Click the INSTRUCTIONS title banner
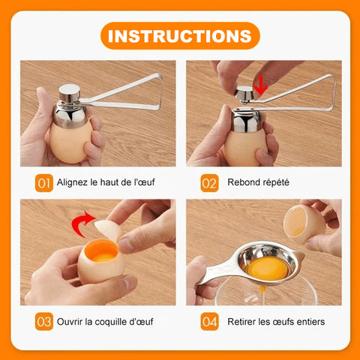click(x=180, y=36)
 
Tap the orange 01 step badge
click(x=44, y=183)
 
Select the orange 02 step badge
click(x=209, y=183)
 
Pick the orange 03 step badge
click(x=44, y=322)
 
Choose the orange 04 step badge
click(x=209, y=322)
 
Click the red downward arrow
click(x=260, y=85)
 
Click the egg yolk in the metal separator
click(x=268, y=269)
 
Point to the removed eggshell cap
click(x=108, y=229)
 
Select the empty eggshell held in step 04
click(x=304, y=223)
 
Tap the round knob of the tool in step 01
click(x=69, y=92)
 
